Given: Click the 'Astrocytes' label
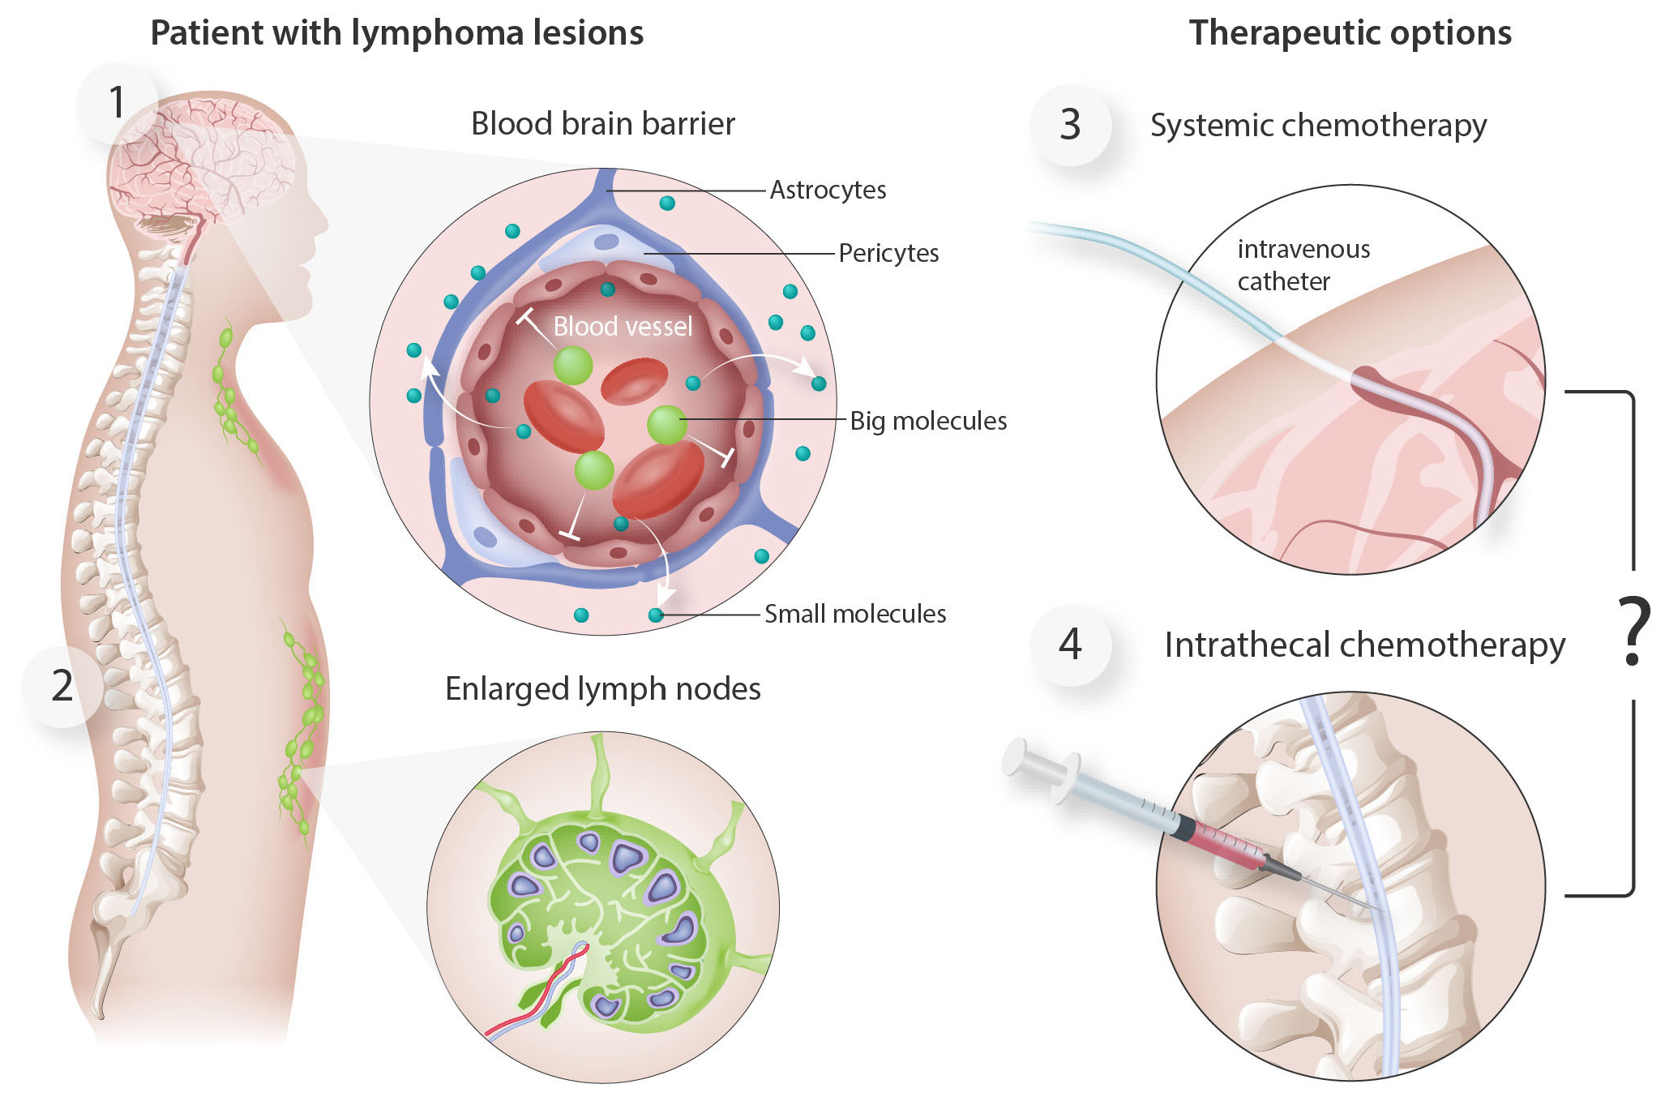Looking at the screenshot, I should (828, 190).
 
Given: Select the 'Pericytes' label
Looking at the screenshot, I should (888, 253).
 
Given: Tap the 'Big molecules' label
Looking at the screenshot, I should (928, 421).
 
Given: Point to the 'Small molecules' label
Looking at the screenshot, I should (855, 614).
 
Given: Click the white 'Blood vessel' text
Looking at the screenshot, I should (623, 326).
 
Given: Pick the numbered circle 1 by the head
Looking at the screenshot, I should (118, 103).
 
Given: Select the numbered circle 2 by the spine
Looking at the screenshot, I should (62, 686).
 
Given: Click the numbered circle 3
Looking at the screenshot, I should (1070, 125).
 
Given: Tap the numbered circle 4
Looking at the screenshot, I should (1070, 645).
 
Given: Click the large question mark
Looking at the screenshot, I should (1633, 632).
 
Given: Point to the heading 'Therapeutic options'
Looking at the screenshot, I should (1350, 33).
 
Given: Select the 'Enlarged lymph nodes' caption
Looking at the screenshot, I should (602, 689).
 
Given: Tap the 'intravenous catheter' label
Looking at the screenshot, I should (1303, 265).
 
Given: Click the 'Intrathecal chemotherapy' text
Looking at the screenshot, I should (1364, 645).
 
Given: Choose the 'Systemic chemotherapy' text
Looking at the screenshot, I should (1318, 126).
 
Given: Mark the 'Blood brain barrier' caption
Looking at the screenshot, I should (602, 124).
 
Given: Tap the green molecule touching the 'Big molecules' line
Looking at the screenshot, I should (666, 424).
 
